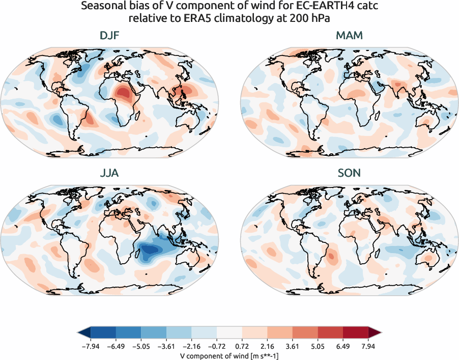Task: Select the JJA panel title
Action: (110, 173)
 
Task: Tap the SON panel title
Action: (349, 173)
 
